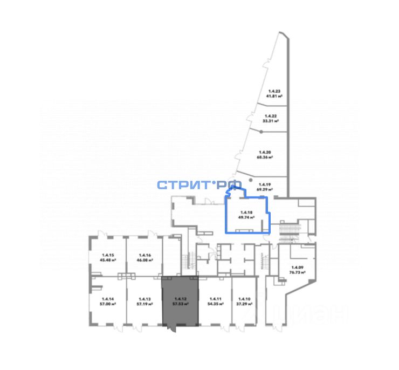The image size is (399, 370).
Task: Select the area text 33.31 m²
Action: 271,121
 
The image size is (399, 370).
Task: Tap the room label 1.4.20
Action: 264,153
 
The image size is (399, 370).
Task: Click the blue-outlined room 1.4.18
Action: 246,216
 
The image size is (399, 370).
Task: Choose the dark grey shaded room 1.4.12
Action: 181,302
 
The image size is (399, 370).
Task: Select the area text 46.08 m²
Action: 145,260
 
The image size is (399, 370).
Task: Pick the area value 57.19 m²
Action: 144,304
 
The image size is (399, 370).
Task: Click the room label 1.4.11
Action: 216,298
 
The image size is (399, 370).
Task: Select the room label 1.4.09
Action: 298,268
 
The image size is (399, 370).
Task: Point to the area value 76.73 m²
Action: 298,273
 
